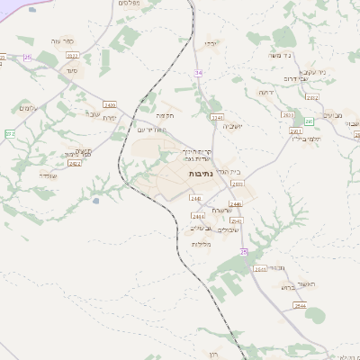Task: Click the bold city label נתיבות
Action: coord(202,172)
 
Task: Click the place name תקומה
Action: coord(165,115)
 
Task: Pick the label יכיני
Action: coord(211,43)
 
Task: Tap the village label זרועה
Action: coord(265,92)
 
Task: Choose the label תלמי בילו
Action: coord(306,139)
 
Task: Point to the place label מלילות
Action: coord(201,244)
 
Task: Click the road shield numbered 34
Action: coord(198,72)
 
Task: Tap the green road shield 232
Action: coord(10,133)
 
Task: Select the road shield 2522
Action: coord(73,56)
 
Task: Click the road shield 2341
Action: coord(216,117)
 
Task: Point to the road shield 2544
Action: coord(296,307)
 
